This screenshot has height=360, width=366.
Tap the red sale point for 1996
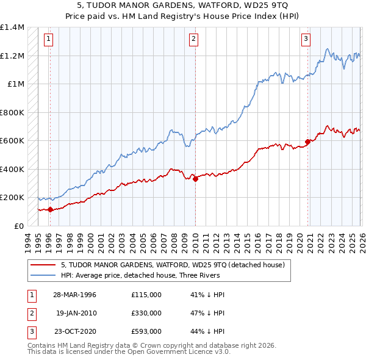click(x=50, y=210)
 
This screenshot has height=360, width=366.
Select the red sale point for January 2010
click(x=195, y=179)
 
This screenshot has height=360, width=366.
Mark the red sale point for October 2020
click(x=307, y=142)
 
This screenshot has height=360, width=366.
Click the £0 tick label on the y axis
click(x=18, y=226)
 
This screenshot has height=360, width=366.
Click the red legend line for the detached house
click(x=43, y=265)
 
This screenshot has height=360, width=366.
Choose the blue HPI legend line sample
click(x=43, y=275)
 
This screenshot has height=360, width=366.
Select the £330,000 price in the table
click(x=146, y=312)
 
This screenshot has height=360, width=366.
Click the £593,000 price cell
click(x=146, y=331)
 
